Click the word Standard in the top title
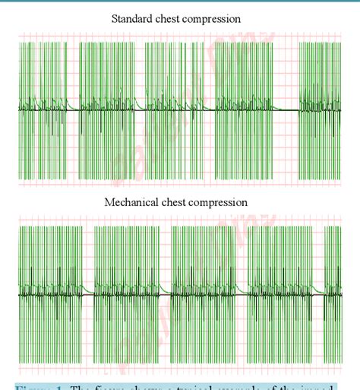pyautogui.click(x=134, y=18)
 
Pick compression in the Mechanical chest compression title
pyautogui.click(x=223, y=202)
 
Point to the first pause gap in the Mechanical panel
pyautogui.click(x=84, y=296)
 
